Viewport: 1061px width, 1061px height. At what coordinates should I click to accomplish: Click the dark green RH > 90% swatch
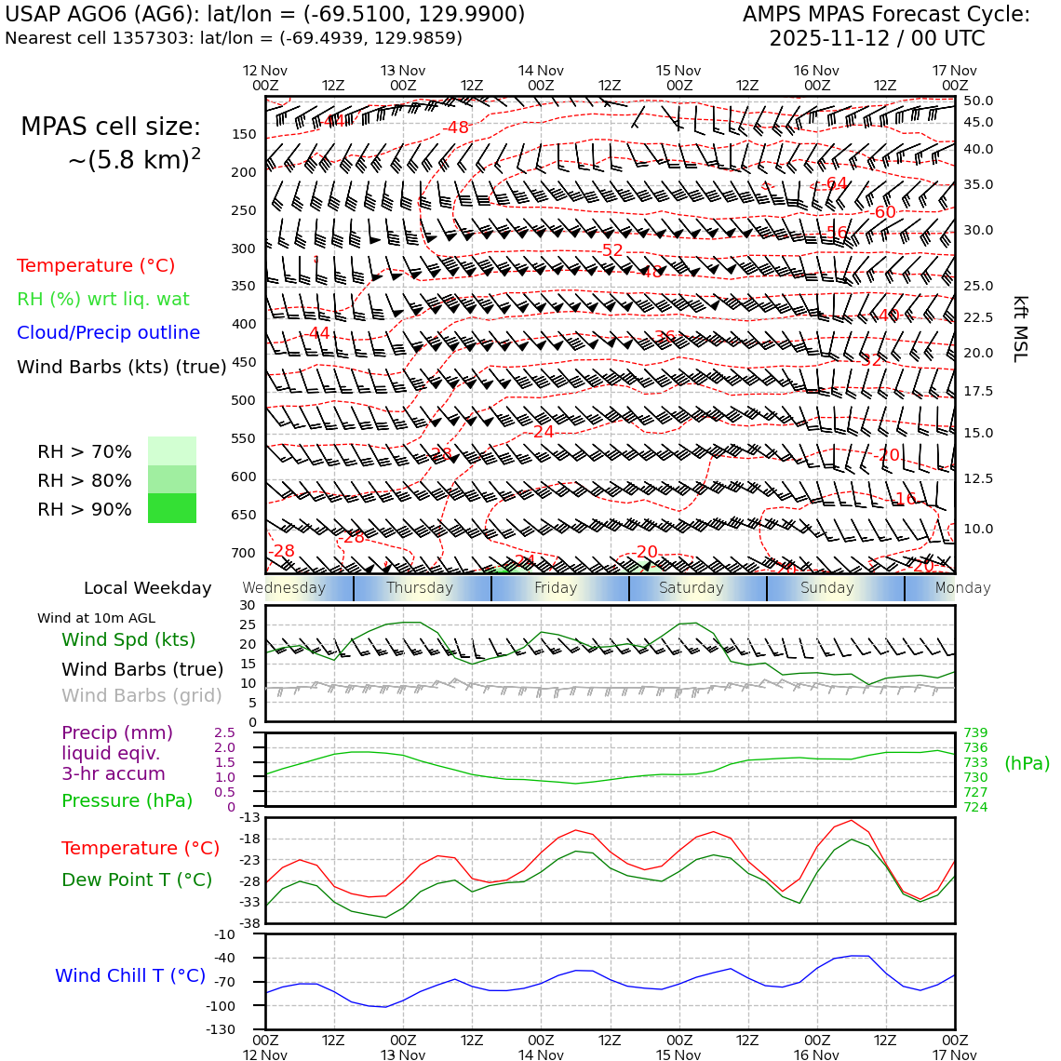(x=172, y=508)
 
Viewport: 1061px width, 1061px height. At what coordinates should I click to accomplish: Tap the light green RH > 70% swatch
(x=172, y=450)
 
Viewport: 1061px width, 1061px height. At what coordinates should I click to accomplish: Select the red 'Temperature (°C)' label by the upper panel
(x=96, y=265)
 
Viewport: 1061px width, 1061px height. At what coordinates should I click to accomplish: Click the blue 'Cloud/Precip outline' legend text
(x=108, y=332)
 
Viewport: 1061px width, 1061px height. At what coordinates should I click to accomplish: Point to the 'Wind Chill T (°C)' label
(x=130, y=975)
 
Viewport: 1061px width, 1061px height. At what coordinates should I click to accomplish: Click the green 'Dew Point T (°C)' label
(x=137, y=880)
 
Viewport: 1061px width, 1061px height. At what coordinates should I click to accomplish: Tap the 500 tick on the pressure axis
(x=243, y=400)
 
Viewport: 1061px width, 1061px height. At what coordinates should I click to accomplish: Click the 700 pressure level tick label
(x=243, y=553)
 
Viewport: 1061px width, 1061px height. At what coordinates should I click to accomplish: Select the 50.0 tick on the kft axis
(x=978, y=101)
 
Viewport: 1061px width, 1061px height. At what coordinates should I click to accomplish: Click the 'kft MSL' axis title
(x=1020, y=329)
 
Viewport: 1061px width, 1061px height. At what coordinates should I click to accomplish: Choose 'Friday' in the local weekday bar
(x=556, y=588)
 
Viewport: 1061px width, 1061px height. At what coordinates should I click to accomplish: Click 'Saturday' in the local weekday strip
(x=691, y=588)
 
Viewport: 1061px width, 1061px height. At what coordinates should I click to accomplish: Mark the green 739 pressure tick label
(x=975, y=732)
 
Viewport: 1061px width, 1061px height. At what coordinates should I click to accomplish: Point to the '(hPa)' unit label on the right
(x=1027, y=763)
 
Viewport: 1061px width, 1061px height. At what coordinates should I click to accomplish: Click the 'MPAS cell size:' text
(x=111, y=127)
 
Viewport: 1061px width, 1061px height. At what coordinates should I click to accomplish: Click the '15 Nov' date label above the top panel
(x=678, y=71)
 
